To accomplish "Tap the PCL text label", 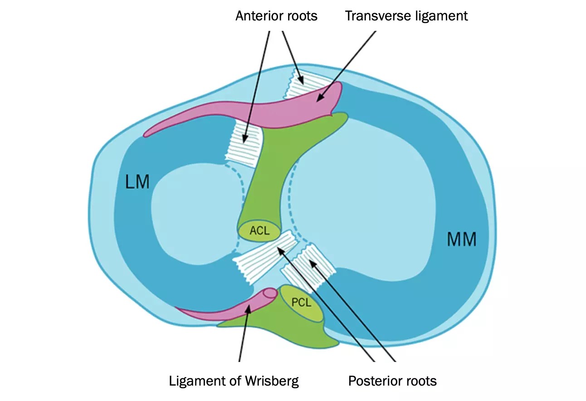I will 301,303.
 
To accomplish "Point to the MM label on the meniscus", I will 462,239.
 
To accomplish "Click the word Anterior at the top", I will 257,16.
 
